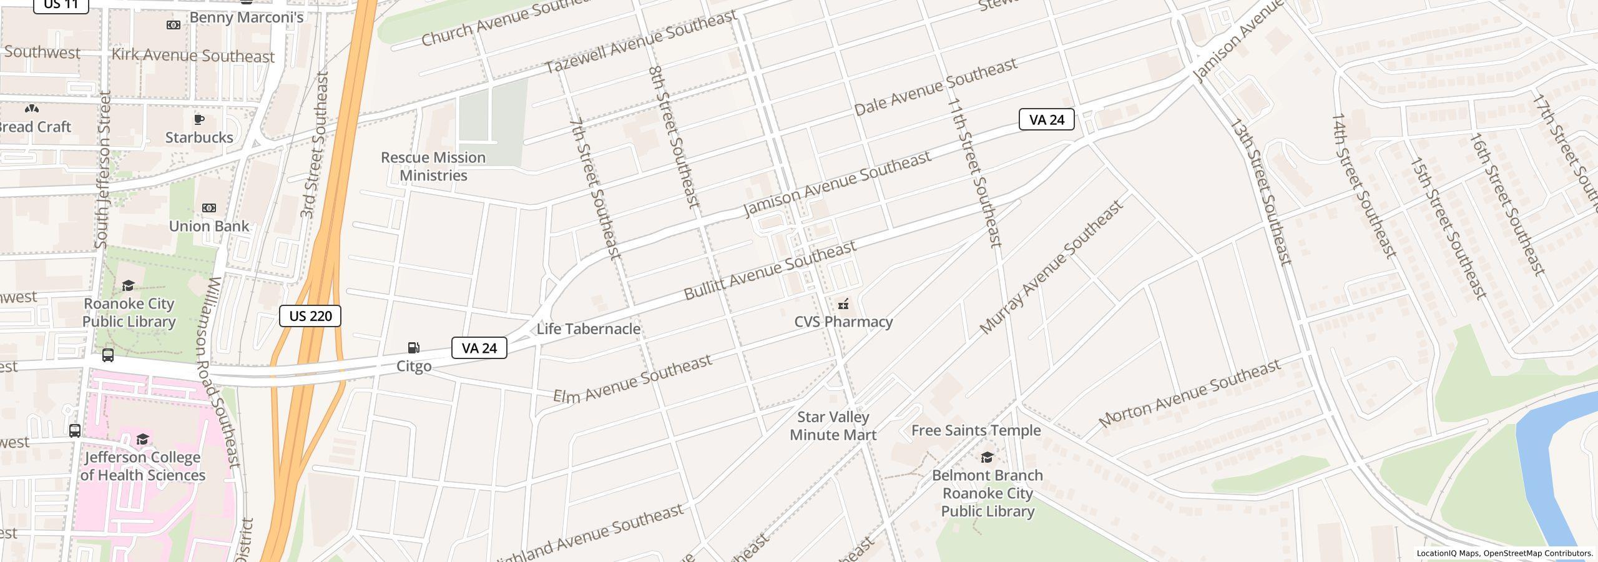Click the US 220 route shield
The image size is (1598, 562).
310,316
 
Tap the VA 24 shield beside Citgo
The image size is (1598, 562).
479,348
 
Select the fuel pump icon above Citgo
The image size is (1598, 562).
413,348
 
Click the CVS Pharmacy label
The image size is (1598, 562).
843,322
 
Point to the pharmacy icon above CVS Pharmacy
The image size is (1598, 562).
843,304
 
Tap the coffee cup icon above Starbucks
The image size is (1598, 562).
199,119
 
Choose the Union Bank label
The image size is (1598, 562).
209,226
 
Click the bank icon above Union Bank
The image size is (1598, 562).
209,208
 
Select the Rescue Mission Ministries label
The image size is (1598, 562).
433,166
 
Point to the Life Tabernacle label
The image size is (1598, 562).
588,329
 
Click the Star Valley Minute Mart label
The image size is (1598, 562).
833,426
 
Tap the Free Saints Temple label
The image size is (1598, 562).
976,430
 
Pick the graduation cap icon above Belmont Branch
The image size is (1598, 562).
987,458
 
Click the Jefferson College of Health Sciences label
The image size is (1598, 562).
143,466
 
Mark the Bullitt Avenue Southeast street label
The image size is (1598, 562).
770,270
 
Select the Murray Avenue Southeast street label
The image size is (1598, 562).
1051,267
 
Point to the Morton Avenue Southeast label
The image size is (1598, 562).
1189,393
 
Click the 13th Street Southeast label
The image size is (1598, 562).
1260,191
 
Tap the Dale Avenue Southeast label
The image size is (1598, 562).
936,87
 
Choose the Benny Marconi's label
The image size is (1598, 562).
246,17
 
